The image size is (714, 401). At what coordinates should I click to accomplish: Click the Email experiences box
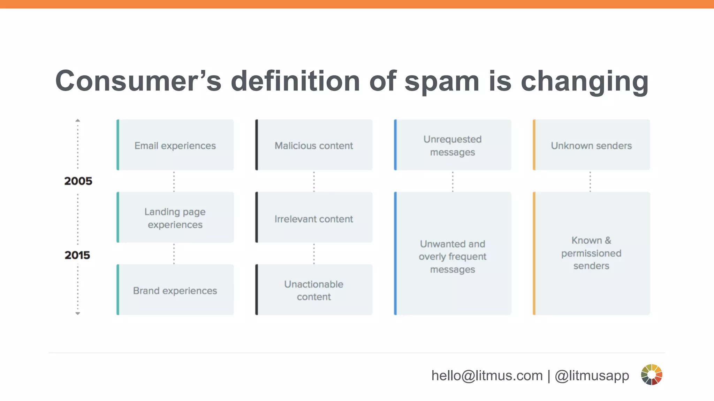click(x=175, y=145)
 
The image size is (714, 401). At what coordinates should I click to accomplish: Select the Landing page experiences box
click(x=175, y=218)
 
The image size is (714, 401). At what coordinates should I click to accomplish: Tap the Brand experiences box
click(x=175, y=290)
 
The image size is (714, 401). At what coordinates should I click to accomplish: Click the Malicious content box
click(x=314, y=145)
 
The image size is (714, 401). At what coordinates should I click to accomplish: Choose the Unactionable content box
click(x=314, y=290)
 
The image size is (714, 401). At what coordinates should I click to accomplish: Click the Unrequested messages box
click(x=453, y=145)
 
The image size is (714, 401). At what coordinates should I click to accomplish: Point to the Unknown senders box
click(x=591, y=145)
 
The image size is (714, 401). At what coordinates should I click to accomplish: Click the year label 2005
click(x=78, y=181)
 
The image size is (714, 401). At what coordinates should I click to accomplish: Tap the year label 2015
click(x=77, y=255)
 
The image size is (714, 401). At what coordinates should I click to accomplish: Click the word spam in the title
click(x=442, y=82)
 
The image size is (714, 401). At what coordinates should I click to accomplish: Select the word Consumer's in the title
click(x=138, y=81)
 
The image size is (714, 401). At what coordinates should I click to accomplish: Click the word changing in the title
click(x=584, y=82)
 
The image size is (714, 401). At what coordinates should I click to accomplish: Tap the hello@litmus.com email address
click(x=487, y=376)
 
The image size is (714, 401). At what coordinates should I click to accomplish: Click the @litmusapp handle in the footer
click(x=592, y=376)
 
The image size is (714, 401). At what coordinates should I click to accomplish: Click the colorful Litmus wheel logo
click(x=651, y=375)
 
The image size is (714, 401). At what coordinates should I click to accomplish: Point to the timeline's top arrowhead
click(x=78, y=120)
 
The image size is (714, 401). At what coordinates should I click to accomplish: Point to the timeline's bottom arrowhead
click(x=78, y=314)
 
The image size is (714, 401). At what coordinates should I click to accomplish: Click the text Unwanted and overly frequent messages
click(x=453, y=257)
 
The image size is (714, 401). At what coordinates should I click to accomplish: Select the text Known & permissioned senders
click(x=591, y=253)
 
